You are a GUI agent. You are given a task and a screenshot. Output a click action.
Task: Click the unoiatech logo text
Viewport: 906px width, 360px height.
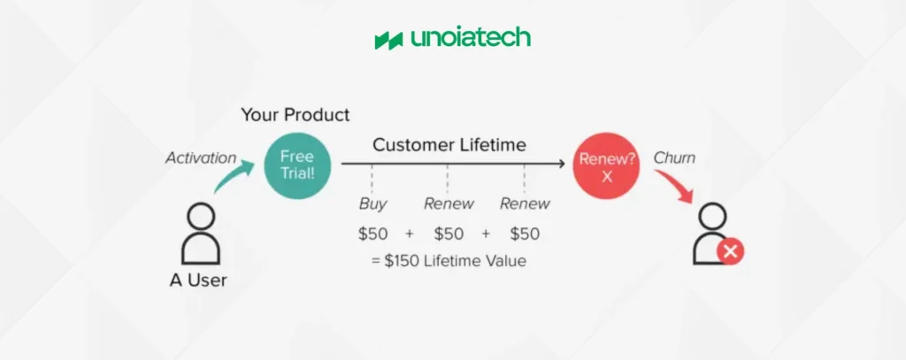pyautogui.click(x=471, y=38)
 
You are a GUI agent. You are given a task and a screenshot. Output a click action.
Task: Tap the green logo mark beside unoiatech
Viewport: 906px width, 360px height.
pyautogui.click(x=388, y=41)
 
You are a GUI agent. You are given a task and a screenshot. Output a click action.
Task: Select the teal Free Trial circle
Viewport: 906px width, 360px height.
pyautogui.click(x=297, y=165)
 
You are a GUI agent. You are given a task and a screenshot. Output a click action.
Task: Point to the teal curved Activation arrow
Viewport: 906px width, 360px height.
pyautogui.click(x=231, y=176)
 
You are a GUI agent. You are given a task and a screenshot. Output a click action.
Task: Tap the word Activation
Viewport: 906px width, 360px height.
pyautogui.click(x=201, y=157)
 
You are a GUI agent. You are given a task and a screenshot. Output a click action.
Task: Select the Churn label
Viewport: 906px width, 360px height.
pyautogui.click(x=673, y=157)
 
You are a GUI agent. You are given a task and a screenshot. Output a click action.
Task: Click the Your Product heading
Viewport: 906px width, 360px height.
pyautogui.click(x=296, y=114)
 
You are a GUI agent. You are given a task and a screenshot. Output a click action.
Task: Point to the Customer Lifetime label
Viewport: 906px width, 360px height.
pyautogui.click(x=449, y=144)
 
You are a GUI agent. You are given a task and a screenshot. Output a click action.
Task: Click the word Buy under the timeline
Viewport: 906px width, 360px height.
pyautogui.click(x=372, y=203)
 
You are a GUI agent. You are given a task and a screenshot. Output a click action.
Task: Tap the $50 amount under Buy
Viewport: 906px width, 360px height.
pyautogui.click(x=372, y=234)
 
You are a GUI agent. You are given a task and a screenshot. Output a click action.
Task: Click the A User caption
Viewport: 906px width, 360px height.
pyautogui.click(x=198, y=280)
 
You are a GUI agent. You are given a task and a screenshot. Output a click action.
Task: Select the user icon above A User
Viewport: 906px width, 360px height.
pyautogui.click(x=201, y=234)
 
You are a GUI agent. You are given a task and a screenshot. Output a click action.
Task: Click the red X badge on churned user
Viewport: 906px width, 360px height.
pyautogui.click(x=730, y=251)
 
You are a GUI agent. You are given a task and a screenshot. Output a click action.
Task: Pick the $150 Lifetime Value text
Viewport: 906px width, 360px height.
pyautogui.click(x=449, y=261)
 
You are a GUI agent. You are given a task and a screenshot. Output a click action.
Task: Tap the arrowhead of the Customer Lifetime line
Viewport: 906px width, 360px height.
pyautogui.click(x=560, y=165)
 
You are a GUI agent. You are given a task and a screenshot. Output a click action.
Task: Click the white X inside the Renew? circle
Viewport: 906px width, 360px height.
pyautogui.click(x=607, y=178)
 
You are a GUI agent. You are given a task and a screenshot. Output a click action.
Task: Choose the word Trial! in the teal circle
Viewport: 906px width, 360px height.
pyautogui.click(x=297, y=172)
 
